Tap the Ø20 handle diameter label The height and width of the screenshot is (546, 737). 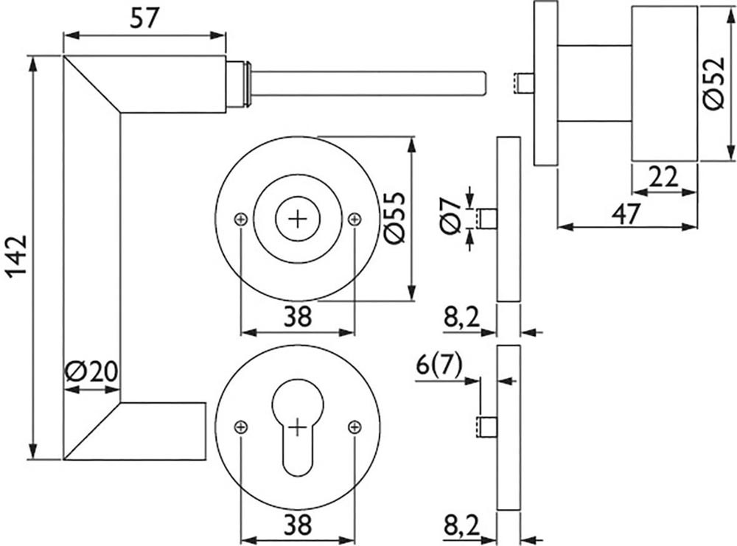pos(91,371)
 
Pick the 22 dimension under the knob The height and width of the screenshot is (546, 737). pos(663,177)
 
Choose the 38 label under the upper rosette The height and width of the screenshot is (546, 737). pos(298,317)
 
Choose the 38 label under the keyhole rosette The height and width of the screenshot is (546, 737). pos(298,525)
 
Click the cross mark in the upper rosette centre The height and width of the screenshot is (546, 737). pos(297,219)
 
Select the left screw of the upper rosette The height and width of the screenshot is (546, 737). pos(240,219)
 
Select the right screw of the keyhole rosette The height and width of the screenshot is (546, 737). pos(354,427)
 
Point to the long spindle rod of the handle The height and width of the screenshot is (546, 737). pos(368,82)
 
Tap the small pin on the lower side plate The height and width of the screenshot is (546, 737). pos(486,427)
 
